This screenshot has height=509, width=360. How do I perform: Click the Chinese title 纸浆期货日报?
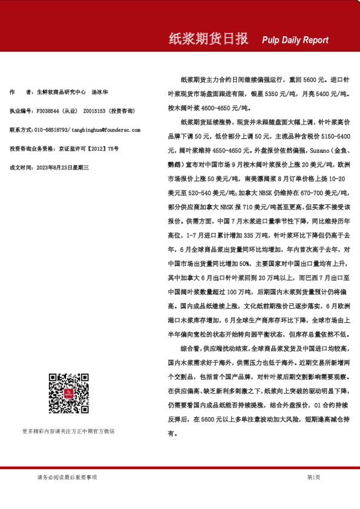[x=208, y=39]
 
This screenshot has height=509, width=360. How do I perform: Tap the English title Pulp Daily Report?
[x=295, y=40]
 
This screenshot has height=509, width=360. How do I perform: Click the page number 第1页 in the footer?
[x=313, y=477]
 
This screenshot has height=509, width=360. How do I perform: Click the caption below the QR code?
[x=68, y=431]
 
